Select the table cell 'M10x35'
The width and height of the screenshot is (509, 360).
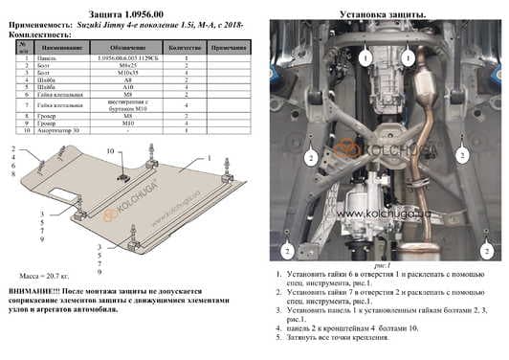(127, 72)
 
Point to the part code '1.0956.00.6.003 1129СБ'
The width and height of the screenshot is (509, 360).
(127, 57)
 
